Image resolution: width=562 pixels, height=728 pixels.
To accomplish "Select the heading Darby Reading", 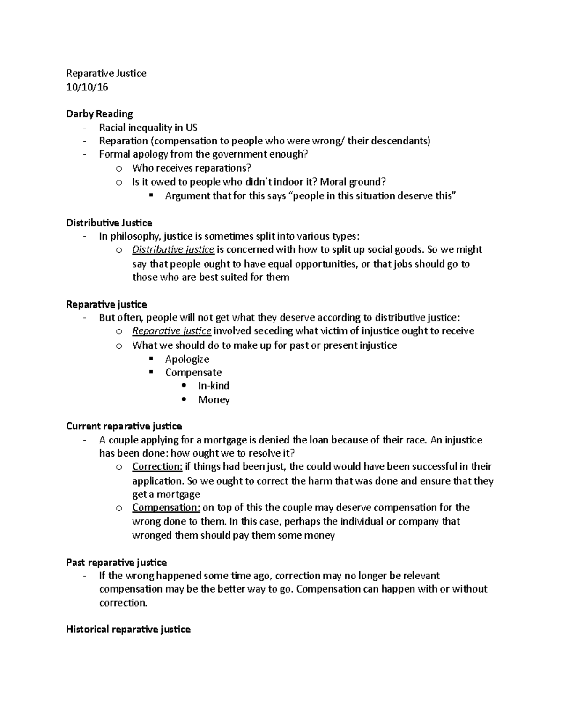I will click(x=99, y=113).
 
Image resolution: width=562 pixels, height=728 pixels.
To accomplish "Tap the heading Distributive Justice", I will click(x=109, y=223).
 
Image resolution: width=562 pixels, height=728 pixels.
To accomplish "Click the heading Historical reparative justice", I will click(x=128, y=629).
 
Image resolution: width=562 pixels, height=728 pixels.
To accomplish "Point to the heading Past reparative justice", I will click(x=116, y=562).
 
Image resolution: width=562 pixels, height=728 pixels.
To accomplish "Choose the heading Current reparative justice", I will click(x=124, y=426).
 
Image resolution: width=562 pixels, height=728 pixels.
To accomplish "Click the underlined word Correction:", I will click(x=157, y=466).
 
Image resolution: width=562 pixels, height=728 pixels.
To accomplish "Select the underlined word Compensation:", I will click(x=166, y=507).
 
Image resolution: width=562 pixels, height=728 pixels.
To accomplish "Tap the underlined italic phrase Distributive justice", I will click(x=173, y=249).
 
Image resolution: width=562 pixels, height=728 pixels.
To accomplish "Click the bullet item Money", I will click(x=214, y=400).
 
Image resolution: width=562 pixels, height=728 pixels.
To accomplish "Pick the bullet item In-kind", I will click(x=214, y=386).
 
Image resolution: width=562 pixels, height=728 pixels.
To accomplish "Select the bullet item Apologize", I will click(x=187, y=359).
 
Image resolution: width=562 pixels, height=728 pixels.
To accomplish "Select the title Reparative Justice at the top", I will click(x=106, y=73).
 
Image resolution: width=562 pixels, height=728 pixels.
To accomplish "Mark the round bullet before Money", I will click(x=184, y=399).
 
